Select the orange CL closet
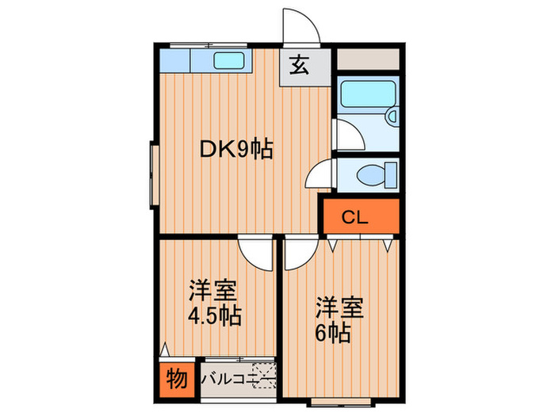click(x=359, y=216)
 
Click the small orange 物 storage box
click(x=176, y=380)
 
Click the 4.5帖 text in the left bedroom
click(x=214, y=315)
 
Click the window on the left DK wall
click(x=151, y=174)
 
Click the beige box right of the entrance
click(x=366, y=59)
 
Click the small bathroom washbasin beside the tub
click(x=392, y=117)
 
